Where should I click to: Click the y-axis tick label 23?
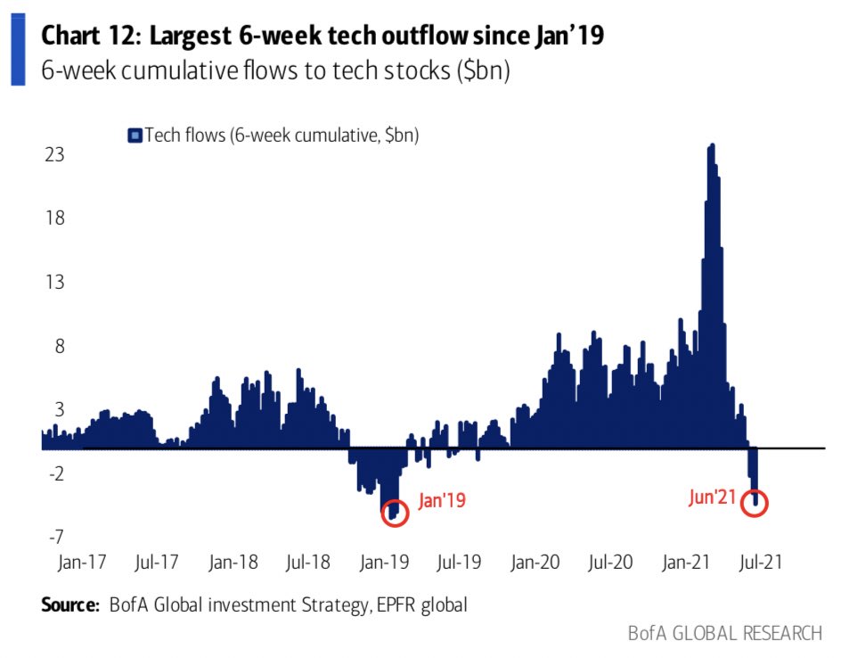[x=55, y=155]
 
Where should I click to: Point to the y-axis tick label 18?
[x=55, y=218]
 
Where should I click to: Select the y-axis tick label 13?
[x=55, y=283]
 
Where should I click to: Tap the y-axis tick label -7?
[x=55, y=536]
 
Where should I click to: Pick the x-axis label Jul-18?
[x=308, y=563]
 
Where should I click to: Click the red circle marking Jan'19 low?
[x=395, y=513]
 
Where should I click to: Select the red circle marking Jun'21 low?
[x=754, y=502]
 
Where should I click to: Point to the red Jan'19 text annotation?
[x=442, y=502]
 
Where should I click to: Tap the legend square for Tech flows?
[x=135, y=136]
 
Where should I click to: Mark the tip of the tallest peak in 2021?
[x=711, y=144]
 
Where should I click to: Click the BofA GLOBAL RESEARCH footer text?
[x=724, y=633]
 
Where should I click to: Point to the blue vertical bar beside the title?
[x=18, y=53]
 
